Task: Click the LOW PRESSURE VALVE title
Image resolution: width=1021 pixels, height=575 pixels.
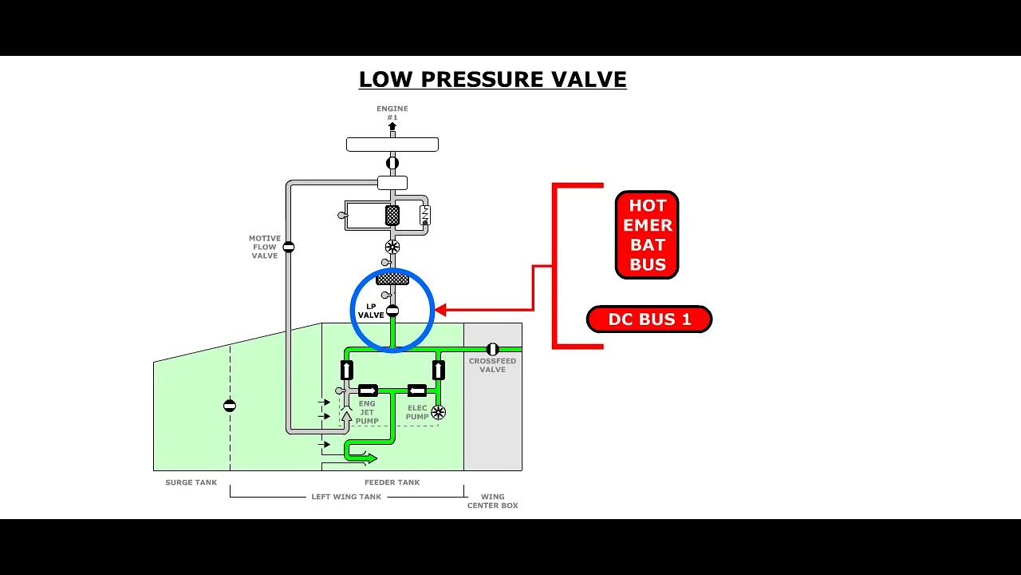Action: click(x=492, y=80)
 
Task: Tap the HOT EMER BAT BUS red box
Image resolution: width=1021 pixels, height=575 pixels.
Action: click(x=647, y=235)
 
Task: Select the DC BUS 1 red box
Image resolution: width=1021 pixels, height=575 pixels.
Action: click(x=649, y=319)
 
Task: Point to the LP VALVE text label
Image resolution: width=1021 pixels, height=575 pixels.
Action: click(x=371, y=311)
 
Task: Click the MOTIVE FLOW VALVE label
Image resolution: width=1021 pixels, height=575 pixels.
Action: click(x=265, y=247)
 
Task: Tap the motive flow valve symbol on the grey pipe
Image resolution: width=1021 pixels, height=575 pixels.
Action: click(x=289, y=247)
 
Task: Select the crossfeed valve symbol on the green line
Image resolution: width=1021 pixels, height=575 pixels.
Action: click(x=492, y=349)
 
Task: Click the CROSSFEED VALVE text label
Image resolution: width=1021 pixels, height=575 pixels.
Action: click(x=492, y=365)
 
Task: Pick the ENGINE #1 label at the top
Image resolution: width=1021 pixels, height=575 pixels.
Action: click(x=392, y=113)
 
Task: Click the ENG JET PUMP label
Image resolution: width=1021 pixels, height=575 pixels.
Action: click(x=367, y=412)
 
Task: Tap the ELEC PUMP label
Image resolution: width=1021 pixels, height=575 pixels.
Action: click(x=417, y=412)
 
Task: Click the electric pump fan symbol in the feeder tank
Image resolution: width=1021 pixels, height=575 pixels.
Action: click(x=438, y=412)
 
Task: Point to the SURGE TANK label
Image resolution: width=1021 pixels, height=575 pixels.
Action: click(x=191, y=482)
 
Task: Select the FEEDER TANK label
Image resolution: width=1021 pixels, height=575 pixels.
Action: click(x=392, y=482)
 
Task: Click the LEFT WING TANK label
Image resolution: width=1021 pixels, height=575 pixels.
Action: click(x=346, y=497)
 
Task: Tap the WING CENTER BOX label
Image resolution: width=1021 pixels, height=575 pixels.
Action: click(x=492, y=501)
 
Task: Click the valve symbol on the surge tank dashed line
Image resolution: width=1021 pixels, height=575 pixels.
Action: click(x=230, y=406)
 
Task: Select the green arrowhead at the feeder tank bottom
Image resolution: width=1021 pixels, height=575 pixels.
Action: click(x=372, y=458)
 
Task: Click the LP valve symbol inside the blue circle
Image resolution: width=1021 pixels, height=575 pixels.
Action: click(x=392, y=311)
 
